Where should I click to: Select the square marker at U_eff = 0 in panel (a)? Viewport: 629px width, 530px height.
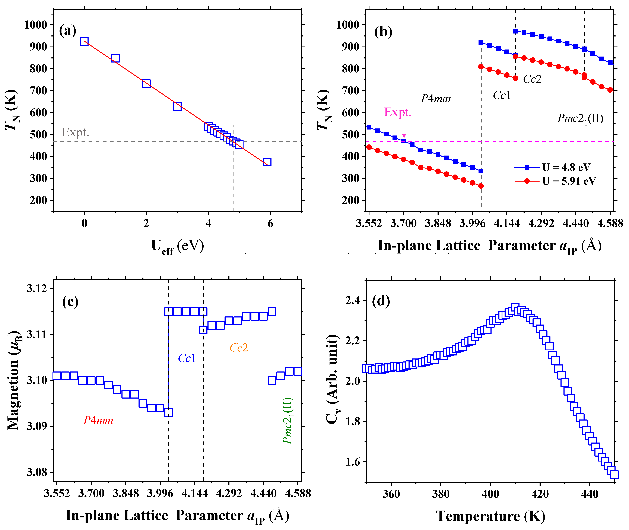coord(84,41)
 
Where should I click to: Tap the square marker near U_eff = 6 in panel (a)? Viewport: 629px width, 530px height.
coord(267,162)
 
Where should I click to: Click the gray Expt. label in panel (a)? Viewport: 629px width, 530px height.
coord(75,132)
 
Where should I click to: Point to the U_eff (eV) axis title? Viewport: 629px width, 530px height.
coord(177,246)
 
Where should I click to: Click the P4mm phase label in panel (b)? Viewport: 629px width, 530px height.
coord(436,99)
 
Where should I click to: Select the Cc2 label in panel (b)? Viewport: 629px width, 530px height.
coord(532,79)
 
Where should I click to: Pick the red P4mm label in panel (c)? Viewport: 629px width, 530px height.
coord(98,420)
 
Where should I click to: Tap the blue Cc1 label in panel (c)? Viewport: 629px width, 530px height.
coord(187,358)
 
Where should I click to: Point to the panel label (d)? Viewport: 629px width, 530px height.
coord(381,301)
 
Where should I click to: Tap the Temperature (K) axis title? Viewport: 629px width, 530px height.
coord(490,516)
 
